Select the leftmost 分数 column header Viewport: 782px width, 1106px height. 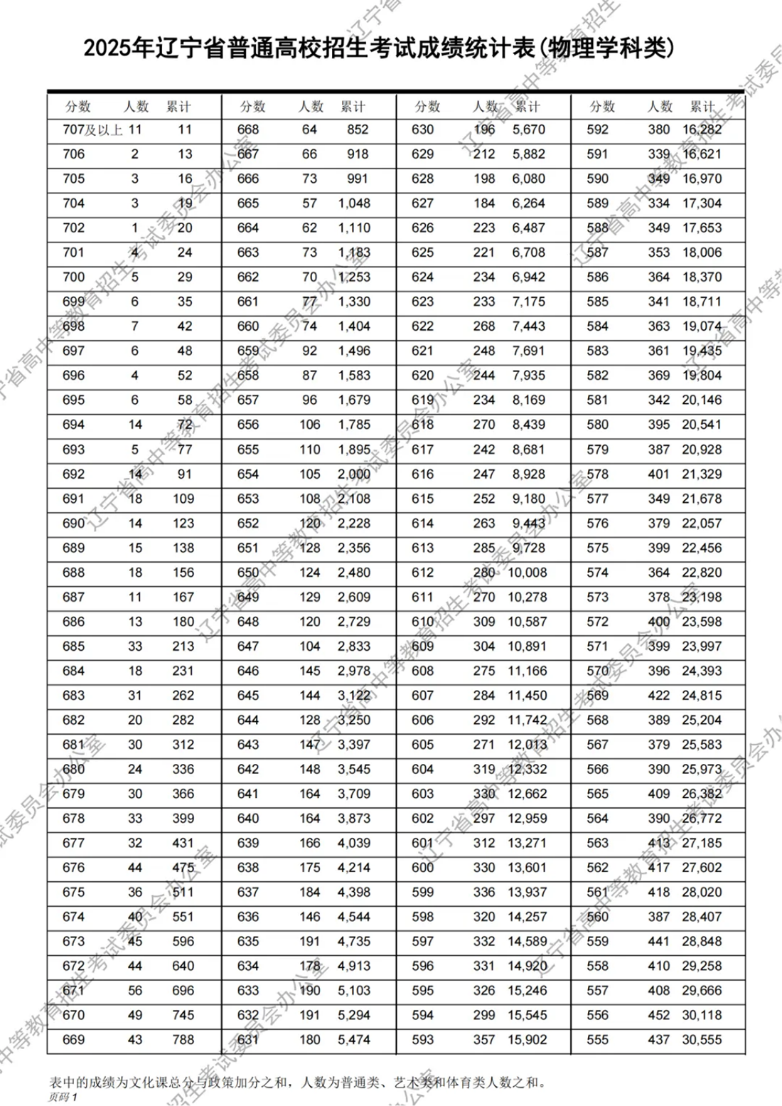(x=78, y=107)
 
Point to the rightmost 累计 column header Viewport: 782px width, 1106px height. (x=702, y=107)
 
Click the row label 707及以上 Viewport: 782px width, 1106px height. (x=92, y=129)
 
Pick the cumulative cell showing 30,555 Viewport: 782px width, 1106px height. (x=702, y=1039)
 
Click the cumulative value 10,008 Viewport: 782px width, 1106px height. (x=527, y=573)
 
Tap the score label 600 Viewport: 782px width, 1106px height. (x=422, y=867)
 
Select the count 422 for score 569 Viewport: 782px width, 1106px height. (x=659, y=696)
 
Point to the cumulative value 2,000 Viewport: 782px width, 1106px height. (x=354, y=474)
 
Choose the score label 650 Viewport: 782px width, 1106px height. (x=248, y=573)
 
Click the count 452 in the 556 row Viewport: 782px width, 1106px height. (x=659, y=1015)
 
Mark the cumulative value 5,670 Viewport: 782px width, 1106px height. (x=529, y=129)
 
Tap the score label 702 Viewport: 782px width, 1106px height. (x=74, y=228)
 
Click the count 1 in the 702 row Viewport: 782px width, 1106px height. (x=135, y=228)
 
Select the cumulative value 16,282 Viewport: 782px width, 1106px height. (x=702, y=129)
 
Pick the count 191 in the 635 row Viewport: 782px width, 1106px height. (x=309, y=941)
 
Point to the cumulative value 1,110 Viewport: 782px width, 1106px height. (x=354, y=228)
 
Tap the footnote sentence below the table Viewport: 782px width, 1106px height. (x=298, y=1083)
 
